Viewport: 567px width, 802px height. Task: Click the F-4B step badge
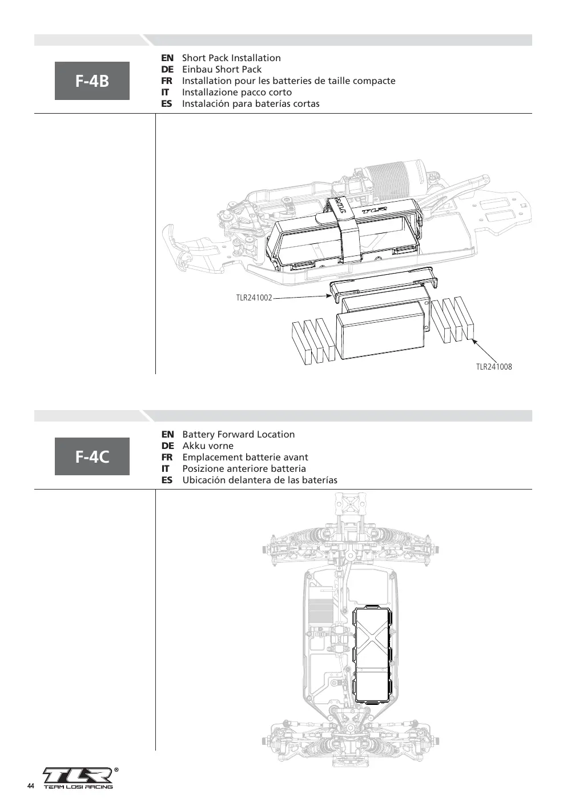[92, 81]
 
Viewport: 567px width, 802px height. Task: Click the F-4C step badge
[92, 456]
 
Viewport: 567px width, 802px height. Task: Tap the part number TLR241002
[254, 298]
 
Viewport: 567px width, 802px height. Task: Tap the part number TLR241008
[494, 367]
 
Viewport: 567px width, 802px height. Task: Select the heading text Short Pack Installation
[231, 58]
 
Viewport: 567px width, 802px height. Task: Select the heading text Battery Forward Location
[239, 434]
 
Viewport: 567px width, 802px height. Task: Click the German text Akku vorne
[208, 446]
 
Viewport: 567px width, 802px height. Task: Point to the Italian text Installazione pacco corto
[237, 93]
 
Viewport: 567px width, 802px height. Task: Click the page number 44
[31, 786]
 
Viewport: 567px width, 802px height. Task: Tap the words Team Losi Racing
[78, 787]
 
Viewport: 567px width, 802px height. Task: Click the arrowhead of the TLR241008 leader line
[474, 341]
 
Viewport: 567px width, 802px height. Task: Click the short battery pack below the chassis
[380, 335]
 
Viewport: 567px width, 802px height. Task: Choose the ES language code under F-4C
[167, 480]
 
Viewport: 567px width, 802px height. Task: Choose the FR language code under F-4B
[167, 81]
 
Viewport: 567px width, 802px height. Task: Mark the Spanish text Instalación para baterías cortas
[251, 104]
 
